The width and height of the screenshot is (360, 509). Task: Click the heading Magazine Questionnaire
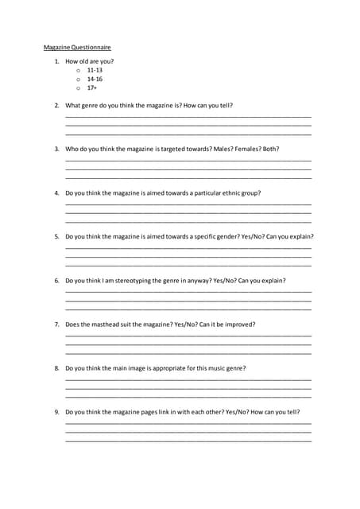[77, 48]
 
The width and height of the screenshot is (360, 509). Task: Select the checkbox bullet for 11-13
[79, 70]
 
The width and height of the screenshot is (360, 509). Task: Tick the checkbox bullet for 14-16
[79, 80]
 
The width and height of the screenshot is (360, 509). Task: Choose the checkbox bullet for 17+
[79, 88]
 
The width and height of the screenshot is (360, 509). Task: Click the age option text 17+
[92, 88]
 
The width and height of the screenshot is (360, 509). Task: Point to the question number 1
[56, 61]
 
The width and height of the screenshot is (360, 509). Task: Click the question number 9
[56, 412]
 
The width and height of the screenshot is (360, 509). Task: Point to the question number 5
[56, 236]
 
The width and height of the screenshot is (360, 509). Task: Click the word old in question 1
[84, 61]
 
